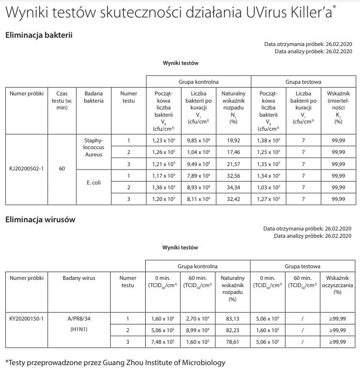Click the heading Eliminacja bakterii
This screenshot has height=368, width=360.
39,35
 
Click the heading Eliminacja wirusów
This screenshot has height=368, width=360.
40,219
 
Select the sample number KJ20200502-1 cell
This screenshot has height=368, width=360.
27,169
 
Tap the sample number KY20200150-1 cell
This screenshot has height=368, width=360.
27,319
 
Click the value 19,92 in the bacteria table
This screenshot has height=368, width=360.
234,141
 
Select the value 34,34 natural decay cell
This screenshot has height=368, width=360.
234,187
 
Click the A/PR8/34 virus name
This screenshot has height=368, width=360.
79,319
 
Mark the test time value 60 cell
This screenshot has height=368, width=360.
62,169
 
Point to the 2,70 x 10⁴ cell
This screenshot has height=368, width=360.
198,319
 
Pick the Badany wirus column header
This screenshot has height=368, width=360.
79,278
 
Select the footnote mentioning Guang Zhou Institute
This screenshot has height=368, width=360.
115,362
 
